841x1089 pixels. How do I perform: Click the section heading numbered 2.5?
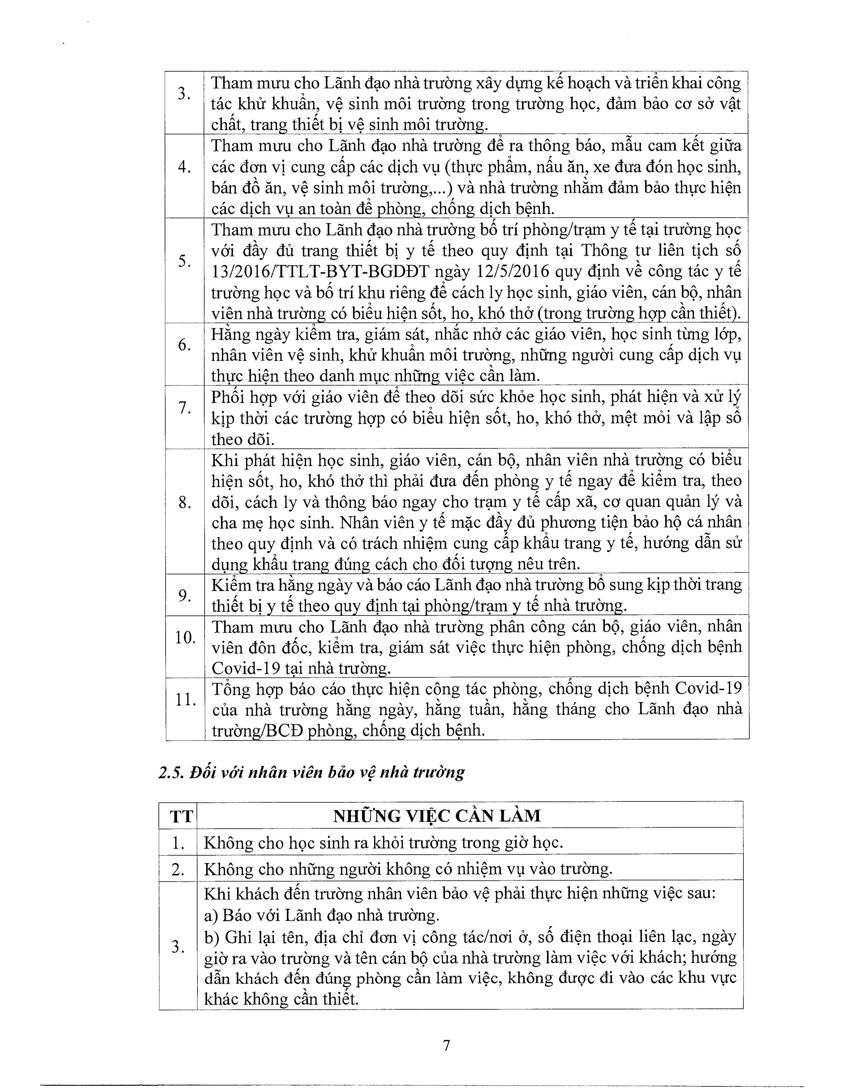tap(311, 772)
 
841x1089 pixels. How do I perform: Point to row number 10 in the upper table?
tap(184, 637)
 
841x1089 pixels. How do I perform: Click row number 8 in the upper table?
tap(184, 504)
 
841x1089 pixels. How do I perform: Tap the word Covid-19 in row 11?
tap(708, 689)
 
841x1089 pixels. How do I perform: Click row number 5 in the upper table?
tap(184, 261)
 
